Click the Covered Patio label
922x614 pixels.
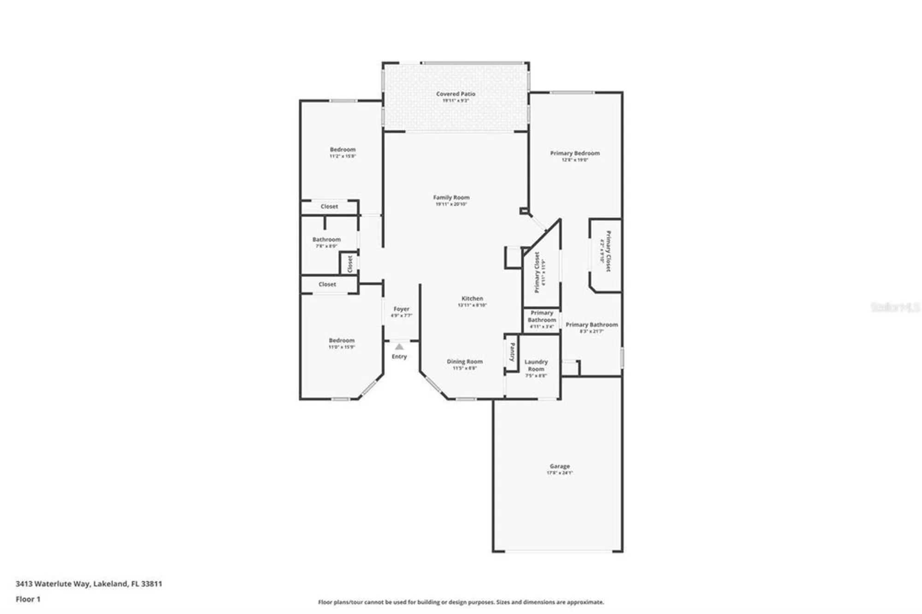tap(455, 94)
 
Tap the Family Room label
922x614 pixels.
tap(451, 197)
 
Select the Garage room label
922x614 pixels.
tap(559, 466)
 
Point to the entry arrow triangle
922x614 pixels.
tap(399, 347)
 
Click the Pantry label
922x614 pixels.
tap(512, 352)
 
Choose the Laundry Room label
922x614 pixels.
tap(536, 366)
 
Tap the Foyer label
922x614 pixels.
tap(401, 309)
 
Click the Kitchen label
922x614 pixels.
tap(472, 298)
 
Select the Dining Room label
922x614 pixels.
tap(464, 361)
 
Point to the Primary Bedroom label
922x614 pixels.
tap(574, 153)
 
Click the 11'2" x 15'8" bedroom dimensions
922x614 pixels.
tap(343, 156)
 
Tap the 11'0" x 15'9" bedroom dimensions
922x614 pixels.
tap(342, 347)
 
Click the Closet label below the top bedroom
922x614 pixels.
tap(329, 207)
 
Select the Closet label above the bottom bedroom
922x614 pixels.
tap(327, 284)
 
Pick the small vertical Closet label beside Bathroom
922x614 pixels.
tap(350, 264)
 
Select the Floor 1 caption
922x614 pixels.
tap(28, 599)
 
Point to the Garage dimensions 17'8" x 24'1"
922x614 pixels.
tap(559, 473)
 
